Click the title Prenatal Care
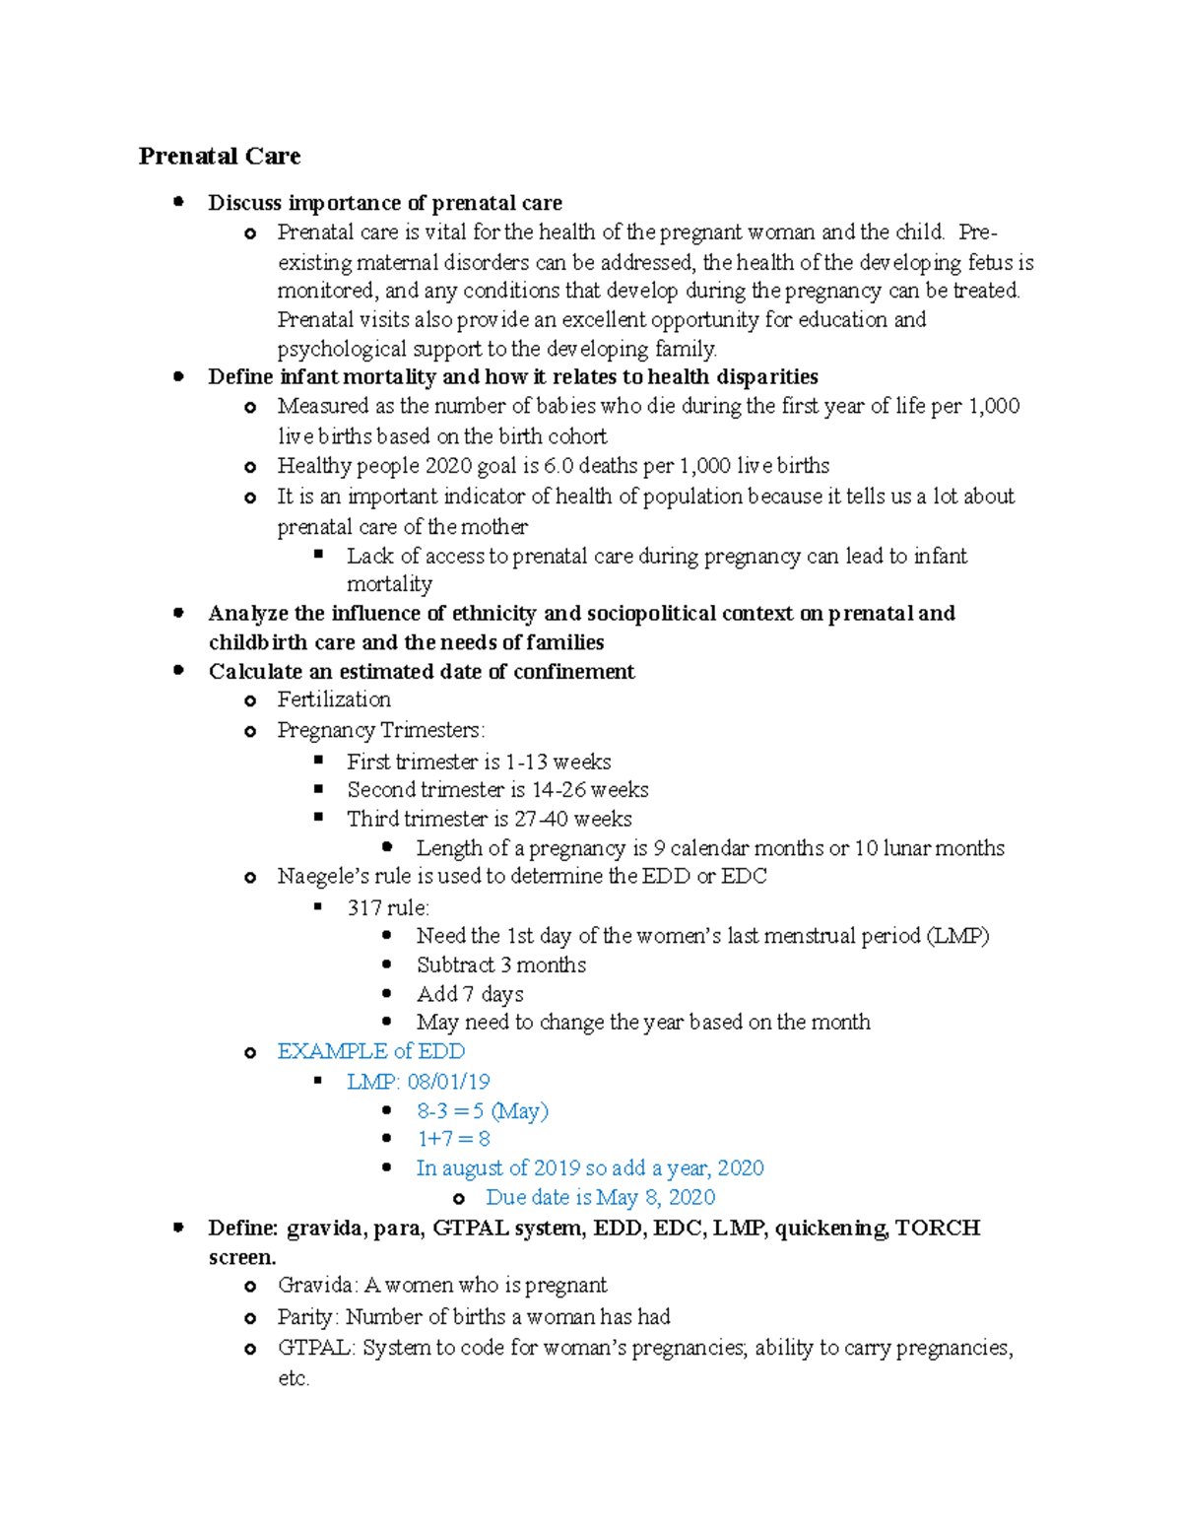219,156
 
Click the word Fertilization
334,699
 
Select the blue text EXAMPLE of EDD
370,1051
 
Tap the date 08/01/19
448,1082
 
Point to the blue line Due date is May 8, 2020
600,1197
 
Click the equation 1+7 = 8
453,1139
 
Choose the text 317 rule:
388,907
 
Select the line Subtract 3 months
500,965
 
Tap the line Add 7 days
470,994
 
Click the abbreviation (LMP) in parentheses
957,936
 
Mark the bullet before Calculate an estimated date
178,670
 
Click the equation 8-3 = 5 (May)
482,1111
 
